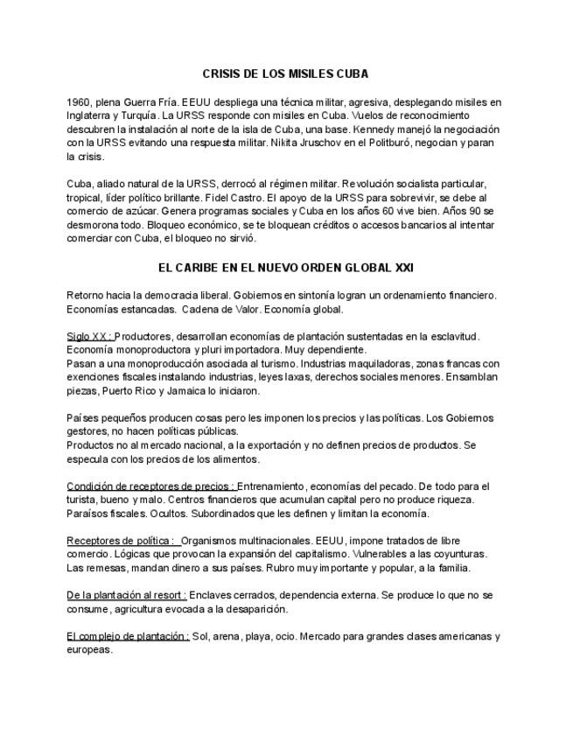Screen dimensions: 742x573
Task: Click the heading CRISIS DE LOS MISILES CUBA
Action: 285,74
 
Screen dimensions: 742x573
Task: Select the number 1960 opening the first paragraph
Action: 78,101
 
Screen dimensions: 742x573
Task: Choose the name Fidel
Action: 234,198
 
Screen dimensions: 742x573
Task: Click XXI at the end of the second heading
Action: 428,265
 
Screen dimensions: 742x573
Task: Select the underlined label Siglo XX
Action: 88,336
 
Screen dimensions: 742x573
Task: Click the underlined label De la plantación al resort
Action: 126,595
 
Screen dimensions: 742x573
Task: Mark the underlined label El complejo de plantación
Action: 128,636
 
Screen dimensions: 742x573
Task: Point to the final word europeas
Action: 89,650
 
